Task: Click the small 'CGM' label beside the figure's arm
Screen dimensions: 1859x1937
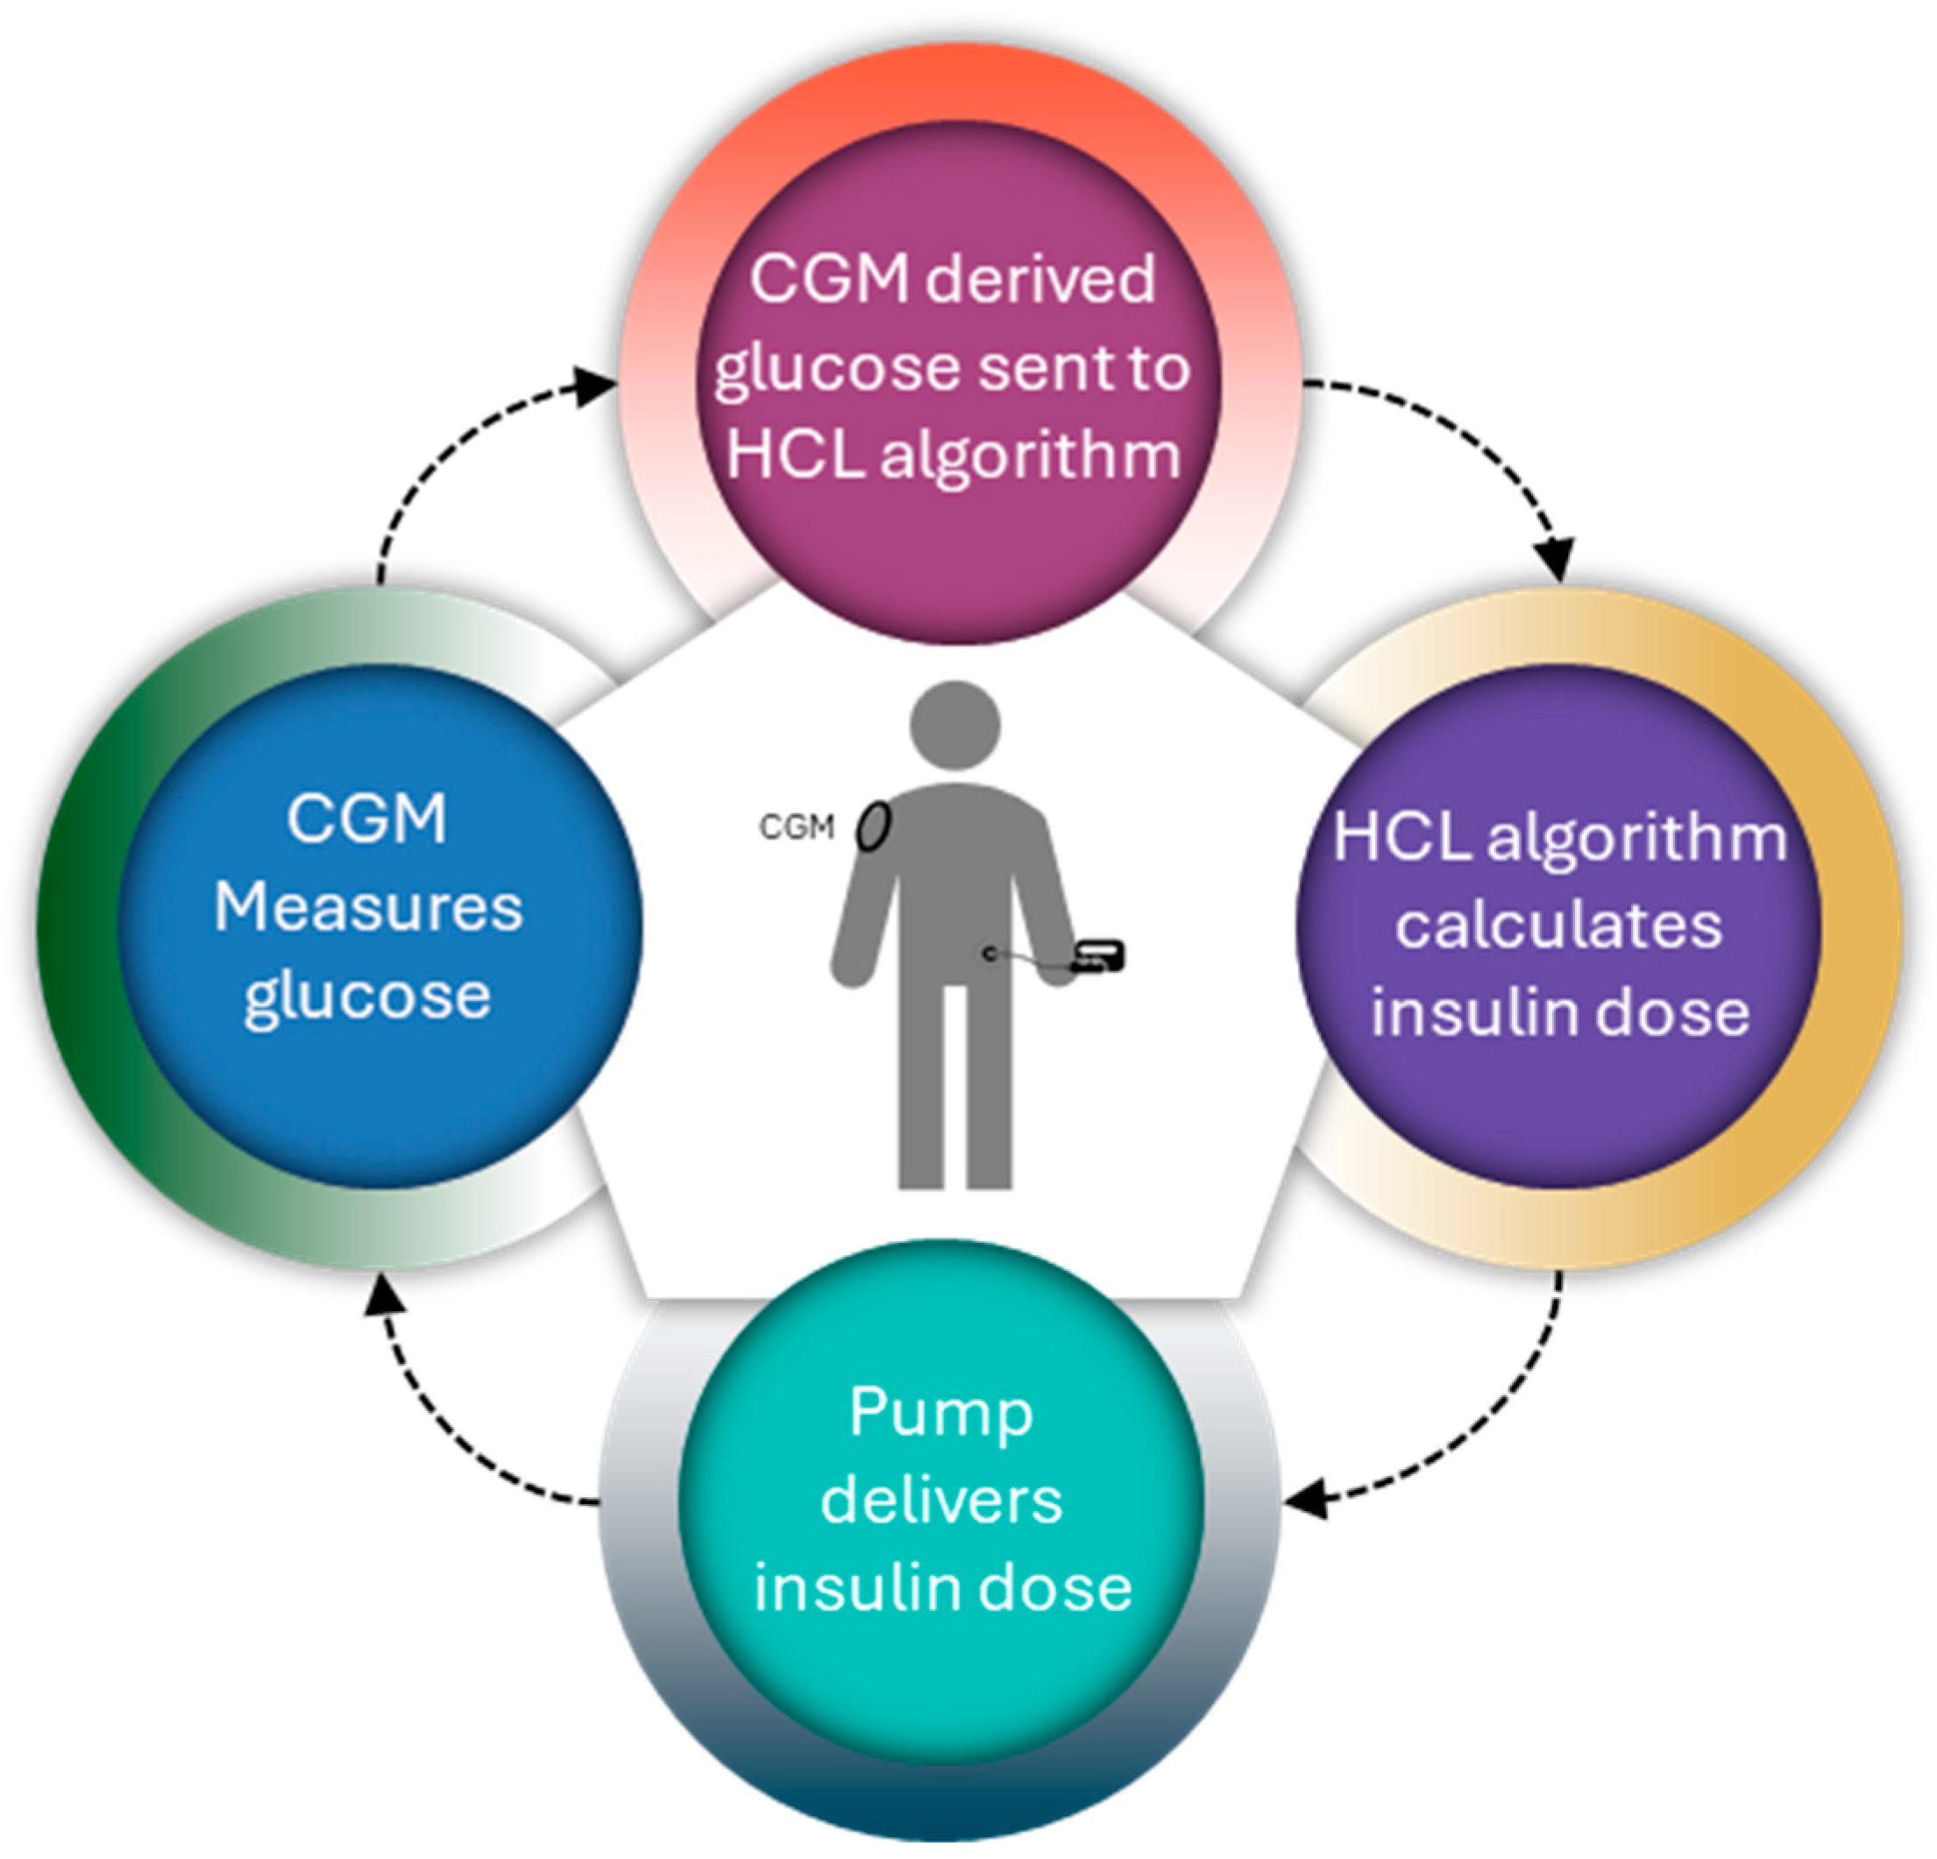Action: [797, 827]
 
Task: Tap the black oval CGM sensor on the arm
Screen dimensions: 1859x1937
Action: [874, 827]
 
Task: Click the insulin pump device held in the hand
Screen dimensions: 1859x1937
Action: [1099, 955]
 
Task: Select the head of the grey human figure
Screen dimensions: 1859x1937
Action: [954, 725]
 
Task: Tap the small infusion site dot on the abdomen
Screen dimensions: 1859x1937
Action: [989, 953]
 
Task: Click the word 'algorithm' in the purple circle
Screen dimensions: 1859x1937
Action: [1637, 838]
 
